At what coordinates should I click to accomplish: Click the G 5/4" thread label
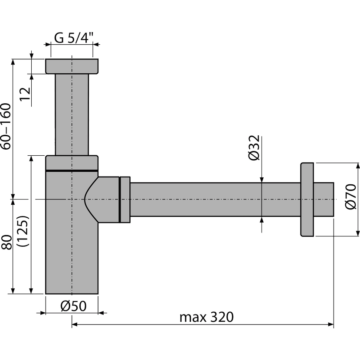(74, 38)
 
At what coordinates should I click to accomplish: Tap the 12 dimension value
(25, 94)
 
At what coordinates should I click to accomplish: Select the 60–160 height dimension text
(6, 127)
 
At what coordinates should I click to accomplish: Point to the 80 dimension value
(7, 242)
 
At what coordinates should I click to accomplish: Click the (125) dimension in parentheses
(23, 231)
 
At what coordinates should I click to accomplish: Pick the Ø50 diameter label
(73, 306)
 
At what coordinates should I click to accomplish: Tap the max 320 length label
(206, 317)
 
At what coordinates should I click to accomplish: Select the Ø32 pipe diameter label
(254, 148)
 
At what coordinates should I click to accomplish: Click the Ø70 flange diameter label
(351, 196)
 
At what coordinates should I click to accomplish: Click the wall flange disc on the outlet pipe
(307, 200)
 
